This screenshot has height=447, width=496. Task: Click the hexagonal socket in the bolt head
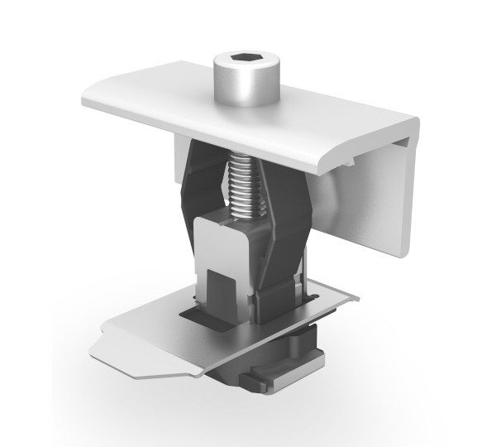[246, 60]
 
